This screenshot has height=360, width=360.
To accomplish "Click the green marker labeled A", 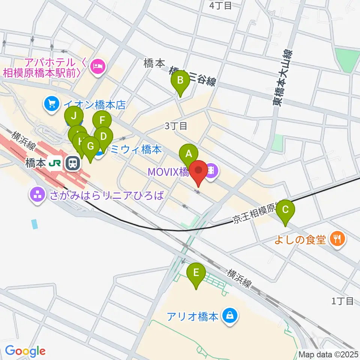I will tap(189, 154).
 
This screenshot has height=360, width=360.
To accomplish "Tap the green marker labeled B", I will tap(180, 80).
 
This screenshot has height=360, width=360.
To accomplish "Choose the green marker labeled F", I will tap(102, 121).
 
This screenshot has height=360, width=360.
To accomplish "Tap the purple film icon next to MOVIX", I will tap(212, 172).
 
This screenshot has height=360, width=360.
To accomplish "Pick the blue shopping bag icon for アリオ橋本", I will tap(229, 315).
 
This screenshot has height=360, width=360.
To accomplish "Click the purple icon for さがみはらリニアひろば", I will tap(37, 194).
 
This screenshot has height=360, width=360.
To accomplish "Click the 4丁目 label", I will tap(220, 5).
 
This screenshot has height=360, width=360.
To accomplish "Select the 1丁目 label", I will tap(343, 300).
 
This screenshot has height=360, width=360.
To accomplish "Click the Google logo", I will tap(25, 351).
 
